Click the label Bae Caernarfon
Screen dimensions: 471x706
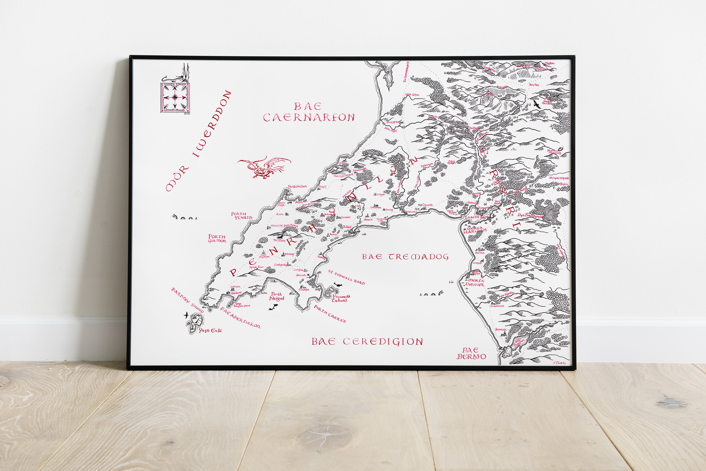click(308, 112)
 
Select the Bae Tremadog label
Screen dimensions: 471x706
click(405, 257)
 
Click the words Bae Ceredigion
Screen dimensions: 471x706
click(367, 342)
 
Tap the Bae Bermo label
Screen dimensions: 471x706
click(471, 354)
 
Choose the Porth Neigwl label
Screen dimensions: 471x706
click(276, 296)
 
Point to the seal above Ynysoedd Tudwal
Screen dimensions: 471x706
click(337, 285)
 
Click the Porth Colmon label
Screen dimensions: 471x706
click(217, 239)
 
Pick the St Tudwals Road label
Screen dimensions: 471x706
click(346, 277)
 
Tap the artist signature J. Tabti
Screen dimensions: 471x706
click(559, 363)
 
